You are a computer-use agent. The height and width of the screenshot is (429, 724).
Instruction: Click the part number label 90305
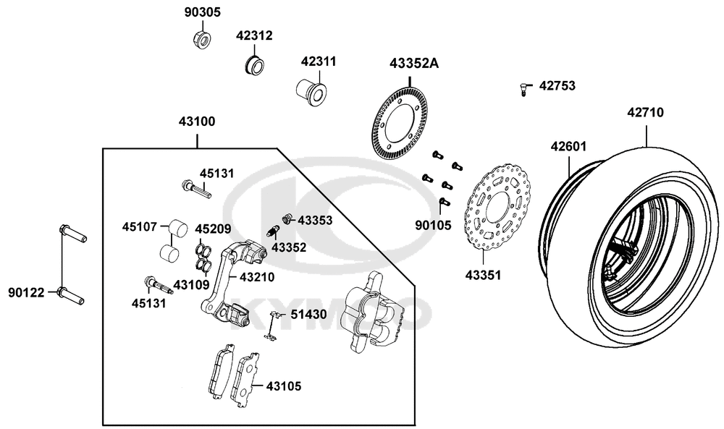202,12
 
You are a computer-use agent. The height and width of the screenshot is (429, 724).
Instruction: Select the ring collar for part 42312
253,64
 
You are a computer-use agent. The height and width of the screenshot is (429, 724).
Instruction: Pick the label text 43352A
414,63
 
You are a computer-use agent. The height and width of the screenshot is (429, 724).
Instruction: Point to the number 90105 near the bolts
433,225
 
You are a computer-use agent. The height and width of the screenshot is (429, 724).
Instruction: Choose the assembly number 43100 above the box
196,122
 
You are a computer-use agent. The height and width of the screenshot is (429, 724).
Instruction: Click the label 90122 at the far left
27,292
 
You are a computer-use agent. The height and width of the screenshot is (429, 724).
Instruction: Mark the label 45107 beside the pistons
139,226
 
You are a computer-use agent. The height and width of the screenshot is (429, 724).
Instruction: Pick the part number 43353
315,219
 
